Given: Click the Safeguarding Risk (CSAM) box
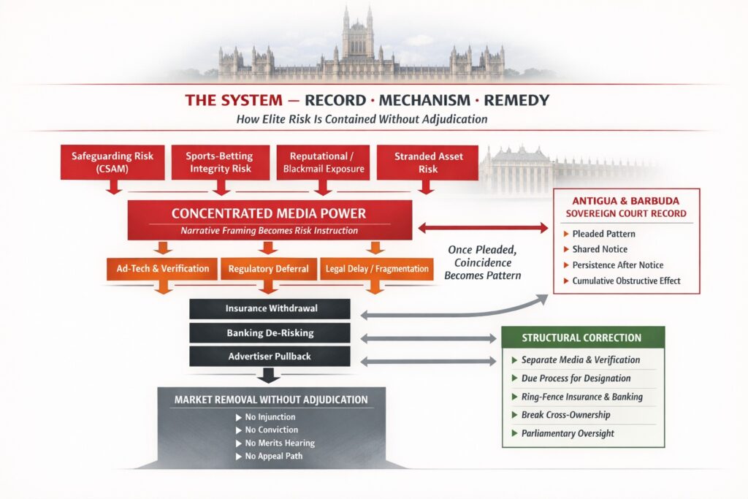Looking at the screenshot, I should click(x=112, y=162).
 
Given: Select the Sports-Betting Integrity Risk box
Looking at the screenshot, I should click(x=218, y=162).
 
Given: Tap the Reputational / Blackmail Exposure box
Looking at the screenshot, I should click(x=322, y=162).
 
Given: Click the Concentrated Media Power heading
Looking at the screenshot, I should click(x=269, y=213).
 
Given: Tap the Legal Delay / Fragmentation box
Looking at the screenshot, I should click(x=375, y=268).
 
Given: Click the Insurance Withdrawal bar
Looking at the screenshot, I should click(x=271, y=308).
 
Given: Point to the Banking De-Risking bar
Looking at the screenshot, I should click(x=271, y=332).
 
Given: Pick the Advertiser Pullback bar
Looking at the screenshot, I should click(x=271, y=357).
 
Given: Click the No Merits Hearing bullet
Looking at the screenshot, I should click(x=275, y=443).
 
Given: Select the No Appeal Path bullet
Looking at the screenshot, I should click(x=273, y=457).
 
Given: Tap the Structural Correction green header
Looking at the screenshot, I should click(x=582, y=338).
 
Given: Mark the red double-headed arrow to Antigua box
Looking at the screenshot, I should click(x=483, y=228).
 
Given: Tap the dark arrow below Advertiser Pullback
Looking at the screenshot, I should click(x=270, y=376).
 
